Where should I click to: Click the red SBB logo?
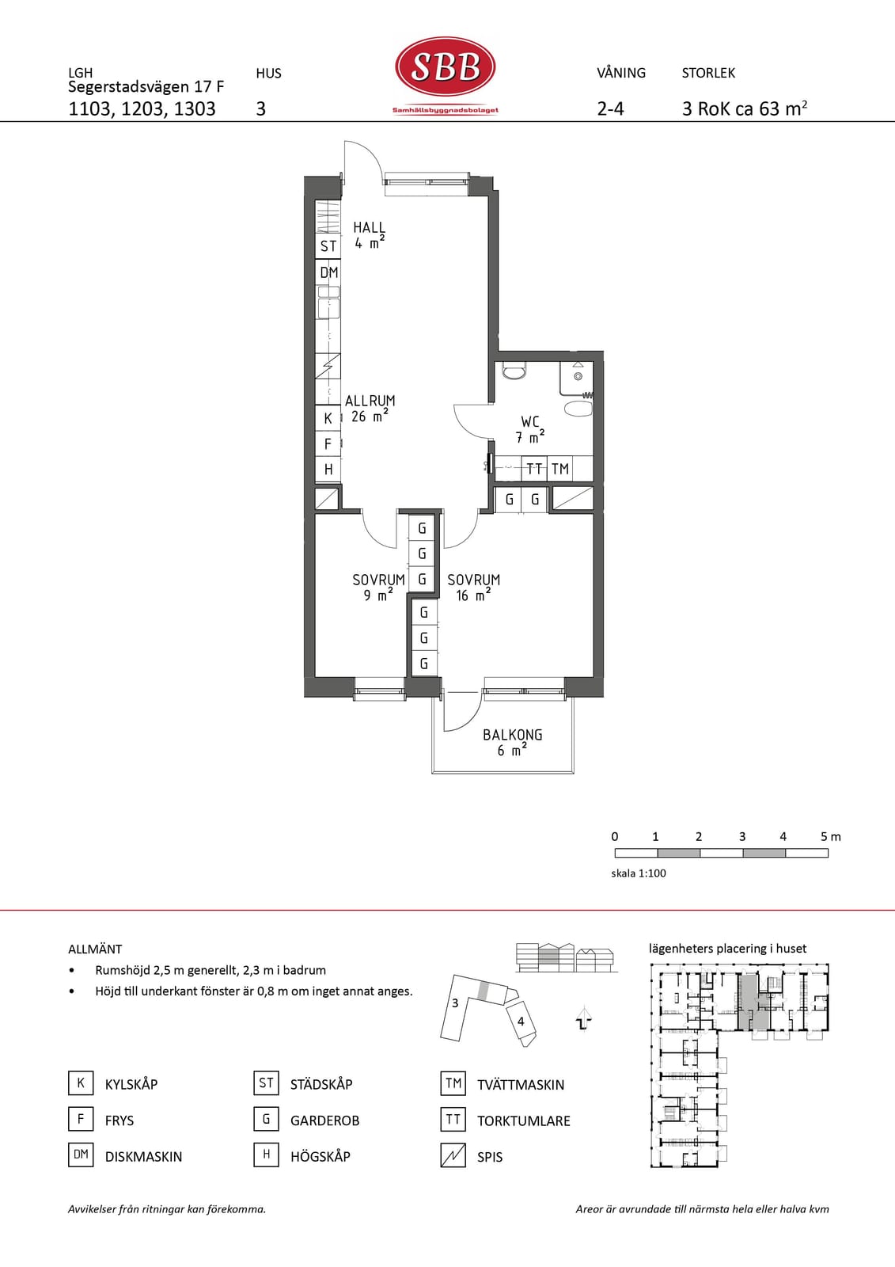446,67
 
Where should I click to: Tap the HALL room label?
370,235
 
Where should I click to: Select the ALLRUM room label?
370,409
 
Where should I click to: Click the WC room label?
529,429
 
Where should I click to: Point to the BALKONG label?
512,743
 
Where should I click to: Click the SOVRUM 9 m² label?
379,588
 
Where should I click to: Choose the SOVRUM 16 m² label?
474,588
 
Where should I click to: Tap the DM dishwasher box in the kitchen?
328,272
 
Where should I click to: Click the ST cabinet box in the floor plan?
328,246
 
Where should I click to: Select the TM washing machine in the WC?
560,468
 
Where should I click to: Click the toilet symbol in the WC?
514,371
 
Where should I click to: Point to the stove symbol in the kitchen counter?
328,367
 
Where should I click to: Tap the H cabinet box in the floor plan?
328,469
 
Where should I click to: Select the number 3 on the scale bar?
741,836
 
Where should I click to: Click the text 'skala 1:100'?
639,873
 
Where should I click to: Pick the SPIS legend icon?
453,1155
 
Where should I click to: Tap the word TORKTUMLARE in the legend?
524,1121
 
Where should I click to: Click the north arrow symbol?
584,1019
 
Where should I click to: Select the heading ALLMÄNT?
95,949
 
